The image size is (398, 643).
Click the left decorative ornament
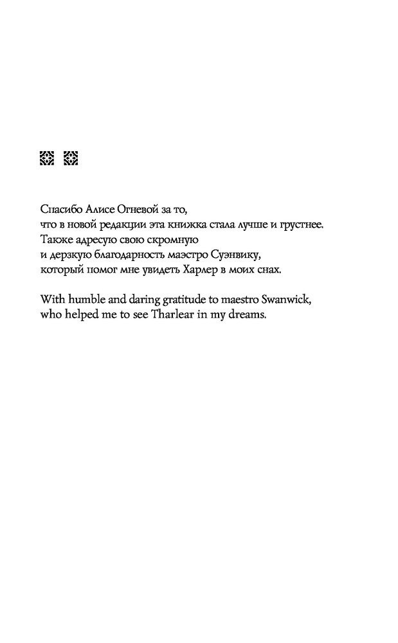[46, 158]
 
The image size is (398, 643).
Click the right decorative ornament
[71, 158]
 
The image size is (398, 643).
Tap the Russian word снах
[270, 269]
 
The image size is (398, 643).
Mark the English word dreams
[246, 314]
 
